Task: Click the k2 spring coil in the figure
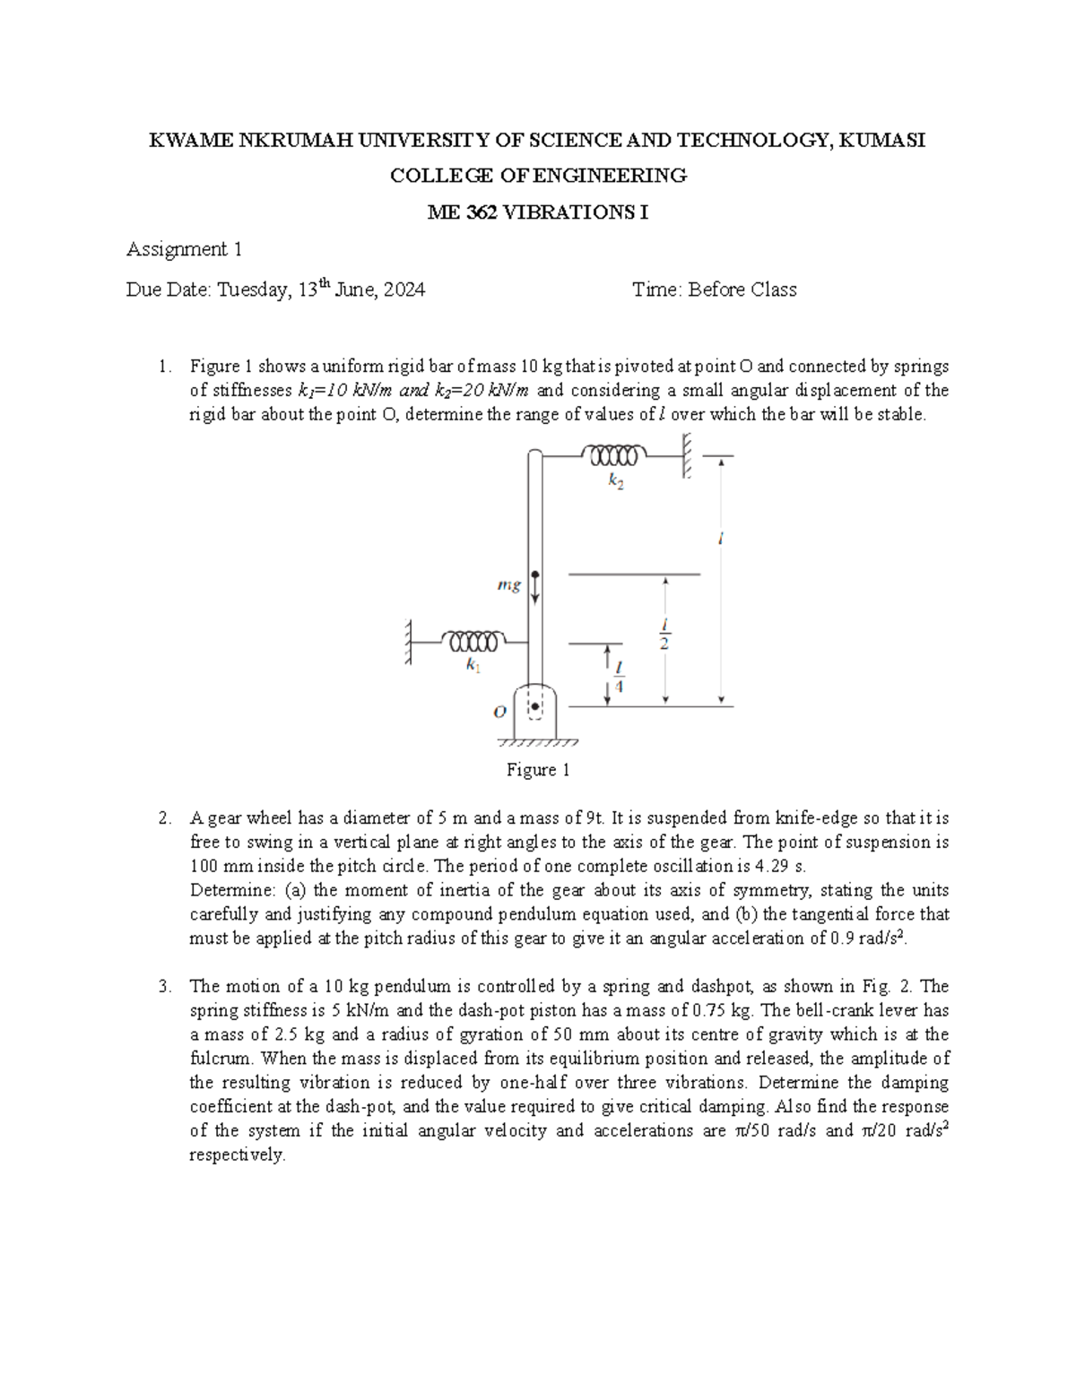[x=613, y=455]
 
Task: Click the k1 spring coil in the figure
[x=473, y=641]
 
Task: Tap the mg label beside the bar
[x=508, y=585]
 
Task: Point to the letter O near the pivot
[x=500, y=711]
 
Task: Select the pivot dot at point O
[x=535, y=706]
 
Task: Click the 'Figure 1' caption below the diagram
[x=538, y=769]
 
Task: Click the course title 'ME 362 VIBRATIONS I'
[x=538, y=212]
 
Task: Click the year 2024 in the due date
[x=404, y=290]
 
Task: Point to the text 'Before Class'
[x=742, y=290]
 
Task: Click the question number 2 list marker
[x=163, y=817]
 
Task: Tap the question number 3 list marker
[x=163, y=986]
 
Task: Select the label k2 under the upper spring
[x=616, y=481]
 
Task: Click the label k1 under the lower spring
[x=473, y=666]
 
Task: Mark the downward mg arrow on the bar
[x=535, y=587]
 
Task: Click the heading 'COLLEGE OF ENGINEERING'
[x=538, y=176]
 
